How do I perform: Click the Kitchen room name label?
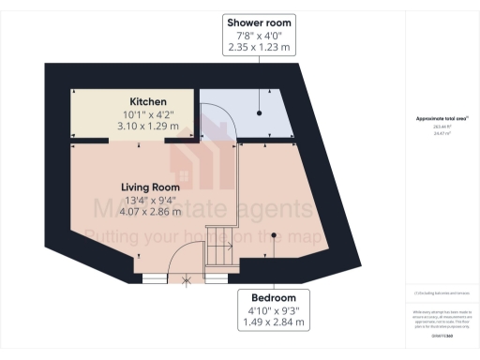pyautogui.click(x=148, y=101)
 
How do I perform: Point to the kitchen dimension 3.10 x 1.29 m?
pyautogui.click(x=148, y=125)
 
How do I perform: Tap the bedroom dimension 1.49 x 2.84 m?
pyautogui.click(x=275, y=322)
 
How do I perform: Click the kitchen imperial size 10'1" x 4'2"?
pyautogui.click(x=148, y=112)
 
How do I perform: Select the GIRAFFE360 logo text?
pyautogui.click(x=442, y=335)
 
